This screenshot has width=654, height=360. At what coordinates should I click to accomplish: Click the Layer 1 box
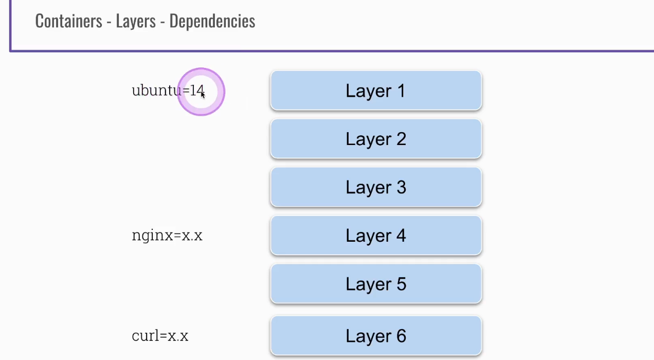[x=376, y=91]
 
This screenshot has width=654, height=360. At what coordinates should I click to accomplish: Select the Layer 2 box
[x=376, y=139]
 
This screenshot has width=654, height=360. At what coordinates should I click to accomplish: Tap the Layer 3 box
[x=376, y=187]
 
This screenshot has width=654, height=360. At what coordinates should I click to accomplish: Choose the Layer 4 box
[x=376, y=236]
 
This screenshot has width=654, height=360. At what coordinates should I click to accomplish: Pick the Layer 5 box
[x=376, y=284]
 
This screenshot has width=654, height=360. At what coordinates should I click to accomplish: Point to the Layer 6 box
[x=376, y=336]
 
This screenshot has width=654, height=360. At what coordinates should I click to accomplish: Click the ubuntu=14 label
[x=168, y=91]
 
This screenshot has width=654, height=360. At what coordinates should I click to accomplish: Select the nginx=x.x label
[x=167, y=236]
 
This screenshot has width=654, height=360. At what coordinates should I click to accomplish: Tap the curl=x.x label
[x=160, y=336]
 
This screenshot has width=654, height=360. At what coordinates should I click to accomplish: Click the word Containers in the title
[x=68, y=21]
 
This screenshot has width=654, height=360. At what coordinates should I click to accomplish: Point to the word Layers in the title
[x=136, y=21]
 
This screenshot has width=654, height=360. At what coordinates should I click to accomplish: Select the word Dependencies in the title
[x=212, y=21]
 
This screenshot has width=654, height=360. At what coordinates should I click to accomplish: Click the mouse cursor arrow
[x=203, y=95]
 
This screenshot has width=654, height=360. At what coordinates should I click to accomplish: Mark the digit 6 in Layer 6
[x=401, y=336]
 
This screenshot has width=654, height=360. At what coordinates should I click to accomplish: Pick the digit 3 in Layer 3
[x=401, y=187]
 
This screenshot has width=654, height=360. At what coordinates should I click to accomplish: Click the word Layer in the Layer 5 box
[x=365, y=284]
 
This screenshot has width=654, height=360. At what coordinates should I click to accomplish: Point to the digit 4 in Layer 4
[x=401, y=236]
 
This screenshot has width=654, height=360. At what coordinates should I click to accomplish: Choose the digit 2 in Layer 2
[x=401, y=139]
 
